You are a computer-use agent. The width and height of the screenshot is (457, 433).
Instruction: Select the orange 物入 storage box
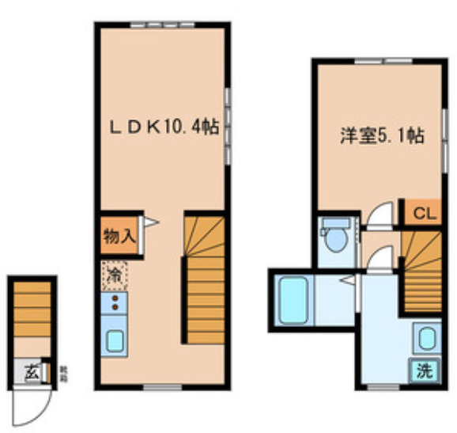(119, 235)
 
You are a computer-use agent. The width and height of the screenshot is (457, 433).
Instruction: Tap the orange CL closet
(423, 213)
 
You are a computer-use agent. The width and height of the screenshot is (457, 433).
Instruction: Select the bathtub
(293, 298)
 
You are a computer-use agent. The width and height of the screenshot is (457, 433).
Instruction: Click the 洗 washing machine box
(425, 370)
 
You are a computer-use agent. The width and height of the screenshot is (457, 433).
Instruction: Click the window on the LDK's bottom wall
(163, 386)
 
